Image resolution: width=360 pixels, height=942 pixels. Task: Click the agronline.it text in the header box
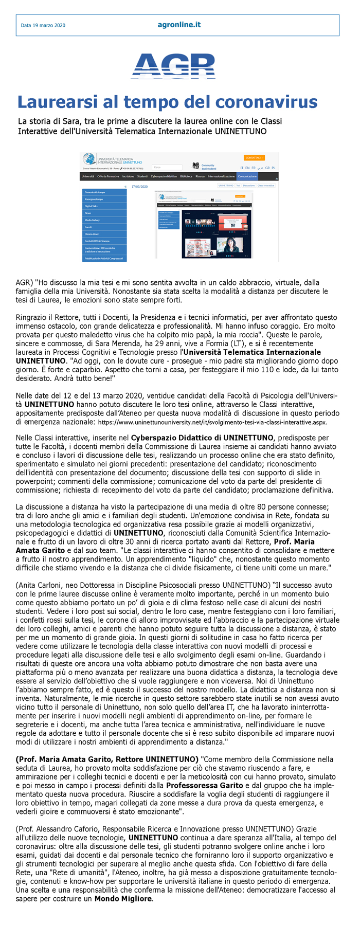tap(179, 25)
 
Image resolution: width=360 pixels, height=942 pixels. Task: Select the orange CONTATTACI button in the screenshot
tap(254, 157)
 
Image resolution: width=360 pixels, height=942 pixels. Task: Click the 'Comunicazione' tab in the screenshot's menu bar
tap(247, 176)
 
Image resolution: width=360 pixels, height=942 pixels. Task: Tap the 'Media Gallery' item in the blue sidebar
tap(93, 220)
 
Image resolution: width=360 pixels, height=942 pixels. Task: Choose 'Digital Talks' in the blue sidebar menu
tap(92, 206)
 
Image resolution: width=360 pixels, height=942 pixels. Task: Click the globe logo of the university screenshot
tap(89, 159)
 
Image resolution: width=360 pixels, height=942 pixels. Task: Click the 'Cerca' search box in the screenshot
tap(167, 167)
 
